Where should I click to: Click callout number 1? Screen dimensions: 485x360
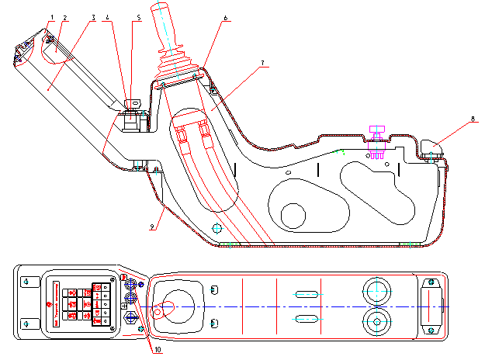click(52, 17)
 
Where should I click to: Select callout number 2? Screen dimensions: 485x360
click(64, 18)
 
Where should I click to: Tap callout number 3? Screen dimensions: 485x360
click(93, 18)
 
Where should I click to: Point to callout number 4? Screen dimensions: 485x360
click(108, 17)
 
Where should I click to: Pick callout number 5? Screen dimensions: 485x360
click(139, 18)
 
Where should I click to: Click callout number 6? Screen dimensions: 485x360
click(225, 18)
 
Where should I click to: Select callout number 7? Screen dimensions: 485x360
click(262, 63)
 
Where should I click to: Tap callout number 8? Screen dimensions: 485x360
click(473, 119)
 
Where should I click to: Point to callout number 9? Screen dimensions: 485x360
click(152, 227)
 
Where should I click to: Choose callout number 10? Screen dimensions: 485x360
click(158, 350)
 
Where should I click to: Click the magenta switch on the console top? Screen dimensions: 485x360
click(376, 142)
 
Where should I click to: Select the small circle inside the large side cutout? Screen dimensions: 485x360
click(293, 216)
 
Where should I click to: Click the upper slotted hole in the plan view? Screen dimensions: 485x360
click(307, 294)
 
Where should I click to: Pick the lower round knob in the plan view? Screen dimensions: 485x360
click(376, 322)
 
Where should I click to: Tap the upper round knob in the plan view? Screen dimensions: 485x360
click(376, 292)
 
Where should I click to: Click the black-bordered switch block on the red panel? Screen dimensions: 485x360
click(101, 304)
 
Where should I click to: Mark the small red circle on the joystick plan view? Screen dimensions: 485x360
click(158, 312)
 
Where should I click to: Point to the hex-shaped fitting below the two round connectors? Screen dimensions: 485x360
click(131, 317)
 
